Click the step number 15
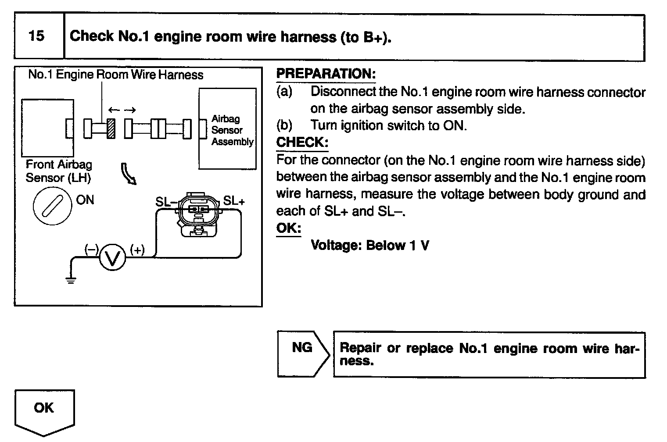pyautogui.click(x=36, y=36)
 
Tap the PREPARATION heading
pyautogui.click(x=326, y=74)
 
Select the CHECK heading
pyautogui.click(x=302, y=143)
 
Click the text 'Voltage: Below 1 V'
pyautogui.click(x=369, y=245)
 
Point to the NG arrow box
pyautogui.click(x=303, y=354)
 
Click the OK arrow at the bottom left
pyautogui.click(x=44, y=411)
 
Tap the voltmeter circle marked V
pyautogui.click(x=113, y=258)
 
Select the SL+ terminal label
pyautogui.click(x=234, y=201)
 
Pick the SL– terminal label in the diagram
pyautogui.click(x=166, y=202)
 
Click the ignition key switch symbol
pyautogui.click(x=53, y=206)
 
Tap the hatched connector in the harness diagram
pyautogui.click(x=111, y=128)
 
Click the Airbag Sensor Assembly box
pyautogui.click(x=227, y=129)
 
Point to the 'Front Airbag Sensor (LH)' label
pyautogui.click(x=59, y=171)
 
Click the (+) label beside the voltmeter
pyautogui.click(x=137, y=250)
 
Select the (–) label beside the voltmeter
pyautogui.click(x=91, y=250)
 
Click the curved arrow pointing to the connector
pyautogui.click(x=129, y=173)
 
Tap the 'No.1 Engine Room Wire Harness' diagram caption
pyautogui.click(x=115, y=75)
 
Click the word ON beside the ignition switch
pyautogui.click(x=85, y=200)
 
